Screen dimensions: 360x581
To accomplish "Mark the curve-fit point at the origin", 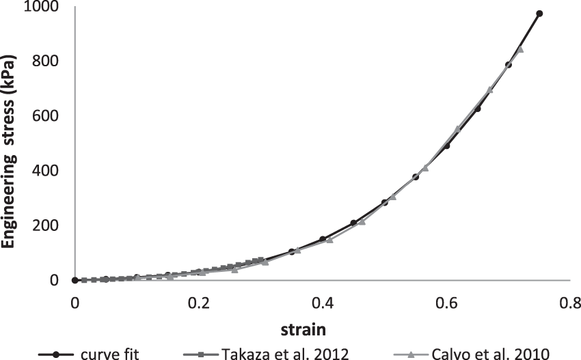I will click(x=75, y=280).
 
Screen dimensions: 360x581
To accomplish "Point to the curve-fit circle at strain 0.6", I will click(x=446, y=146).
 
